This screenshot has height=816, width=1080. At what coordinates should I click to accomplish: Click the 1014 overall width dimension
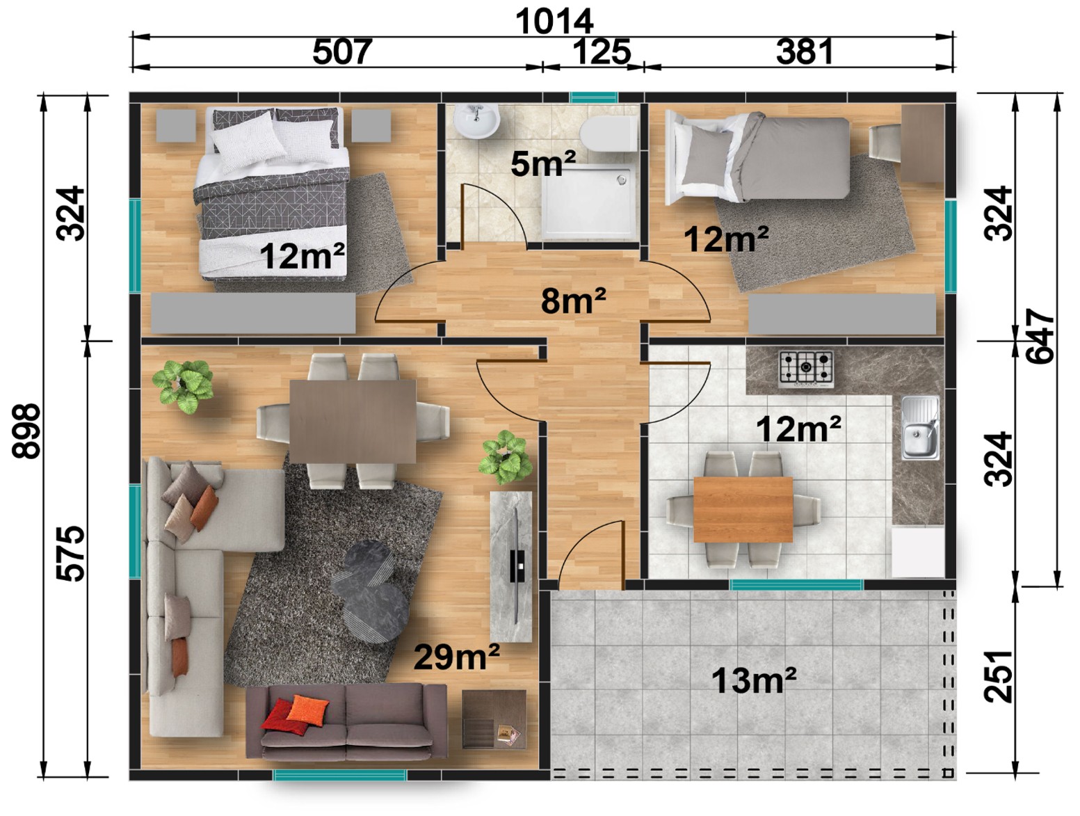pyautogui.click(x=554, y=22)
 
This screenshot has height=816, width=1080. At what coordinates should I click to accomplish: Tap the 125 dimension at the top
pyautogui.click(x=601, y=51)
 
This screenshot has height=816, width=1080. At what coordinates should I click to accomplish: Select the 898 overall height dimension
pyautogui.click(x=26, y=431)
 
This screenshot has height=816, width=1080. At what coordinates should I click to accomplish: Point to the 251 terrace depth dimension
pyautogui.click(x=998, y=675)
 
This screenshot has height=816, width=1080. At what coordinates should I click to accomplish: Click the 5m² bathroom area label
pyautogui.click(x=542, y=163)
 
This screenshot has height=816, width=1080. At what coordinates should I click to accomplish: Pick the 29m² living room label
pyautogui.click(x=456, y=657)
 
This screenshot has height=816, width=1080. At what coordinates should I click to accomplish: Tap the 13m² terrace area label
pyautogui.click(x=753, y=680)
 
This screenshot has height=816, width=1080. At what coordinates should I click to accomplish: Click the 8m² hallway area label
pyautogui.click(x=573, y=301)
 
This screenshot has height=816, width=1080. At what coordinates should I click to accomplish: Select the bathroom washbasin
pyautogui.click(x=476, y=121)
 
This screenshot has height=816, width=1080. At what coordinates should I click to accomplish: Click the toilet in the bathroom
pyautogui.click(x=608, y=134)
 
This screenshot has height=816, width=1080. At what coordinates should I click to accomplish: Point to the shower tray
pyautogui.click(x=588, y=202)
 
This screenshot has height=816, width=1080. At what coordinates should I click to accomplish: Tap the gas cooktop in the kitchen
pyautogui.click(x=805, y=367)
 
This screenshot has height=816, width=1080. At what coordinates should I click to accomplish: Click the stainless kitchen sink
pyautogui.click(x=919, y=428)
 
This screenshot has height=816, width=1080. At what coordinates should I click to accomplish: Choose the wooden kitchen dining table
pyautogui.click(x=743, y=509)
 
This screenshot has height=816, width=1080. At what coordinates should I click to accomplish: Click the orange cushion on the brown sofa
pyautogui.click(x=307, y=710)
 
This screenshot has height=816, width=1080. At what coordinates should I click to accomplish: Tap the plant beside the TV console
pyautogui.click(x=506, y=458)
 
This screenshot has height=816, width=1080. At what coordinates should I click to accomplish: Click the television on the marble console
pyautogui.click(x=516, y=566)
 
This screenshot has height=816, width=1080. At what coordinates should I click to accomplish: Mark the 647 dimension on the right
pyautogui.click(x=1040, y=336)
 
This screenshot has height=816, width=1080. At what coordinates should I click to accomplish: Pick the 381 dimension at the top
pyautogui.click(x=804, y=51)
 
